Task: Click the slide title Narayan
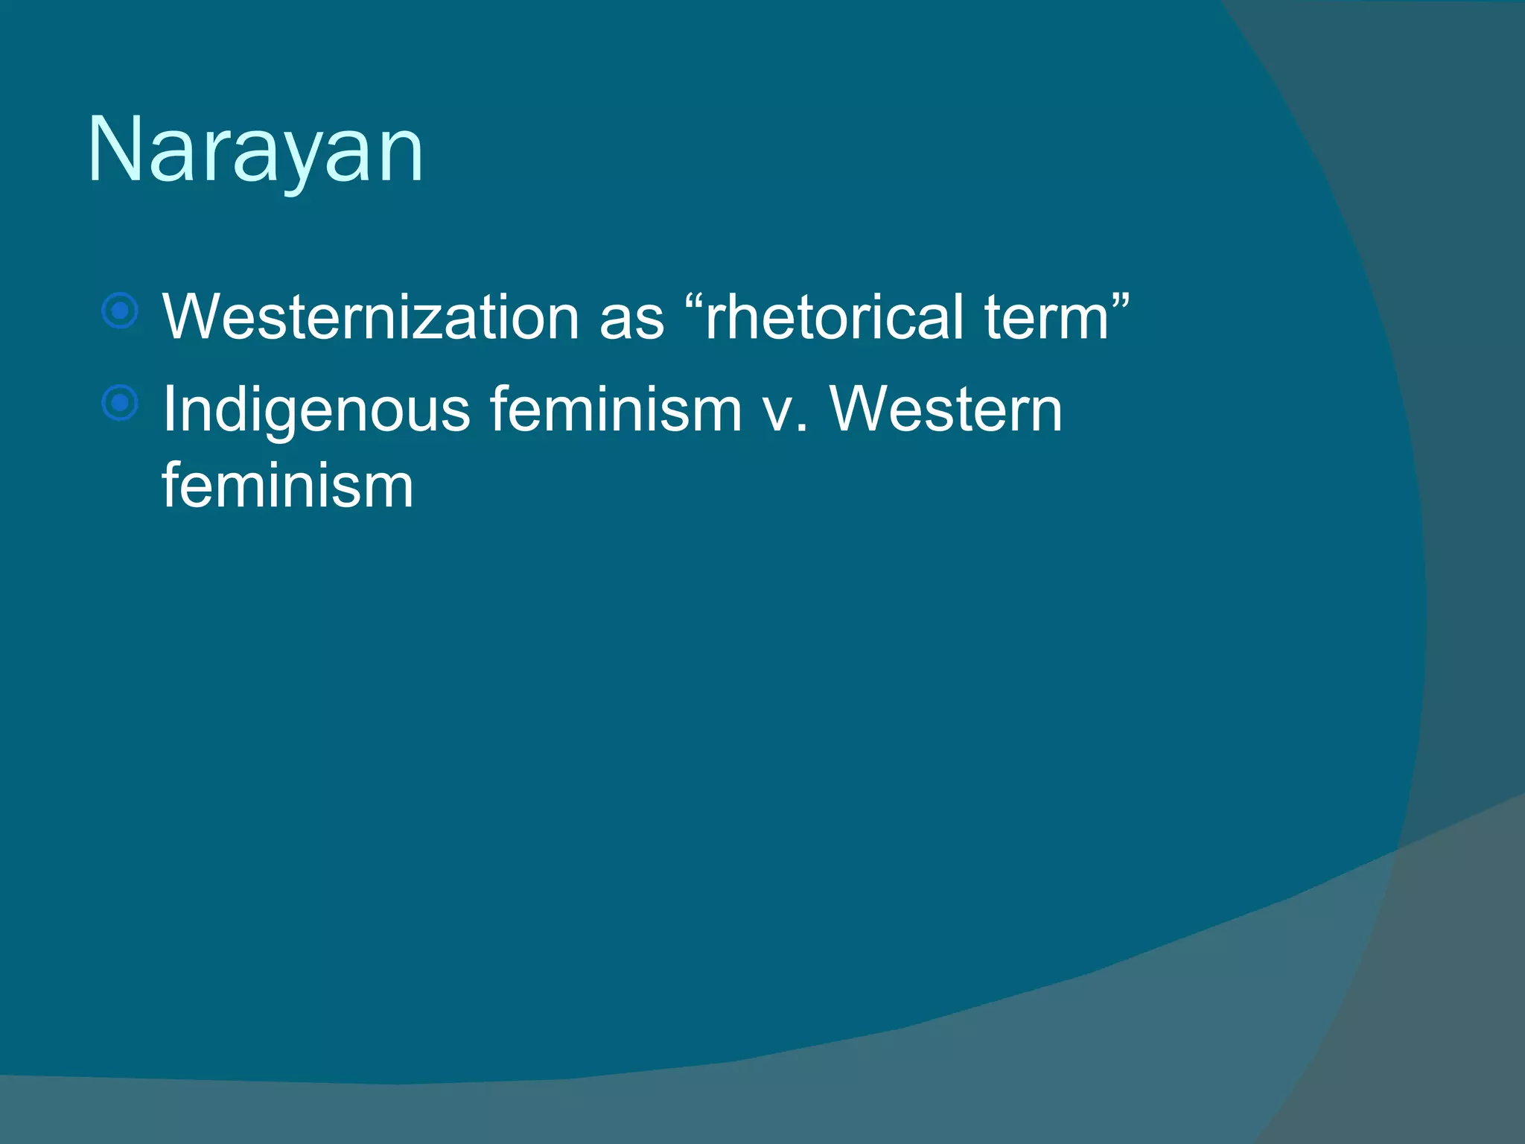pyautogui.click(x=255, y=151)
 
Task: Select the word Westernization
pyautogui.click(x=370, y=317)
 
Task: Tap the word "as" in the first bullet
pyautogui.click(x=631, y=318)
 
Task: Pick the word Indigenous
pyautogui.click(x=316, y=410)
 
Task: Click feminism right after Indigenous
pyautogui.click(x=615, y=409)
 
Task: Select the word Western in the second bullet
pyautogui.click(x=946, y=409)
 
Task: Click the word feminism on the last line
pyautogui.click(x=287, y=486)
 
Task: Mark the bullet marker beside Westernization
pyautogui.click(x=120, y=311)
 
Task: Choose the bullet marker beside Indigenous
pyautogui.click(x=120, y=404)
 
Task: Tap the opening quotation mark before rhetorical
pyautogui.click(x=692, y=301)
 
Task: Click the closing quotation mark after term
pyautogui.click(x=1121, y=301)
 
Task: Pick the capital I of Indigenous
pyautogui.click(x=169, y=409)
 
